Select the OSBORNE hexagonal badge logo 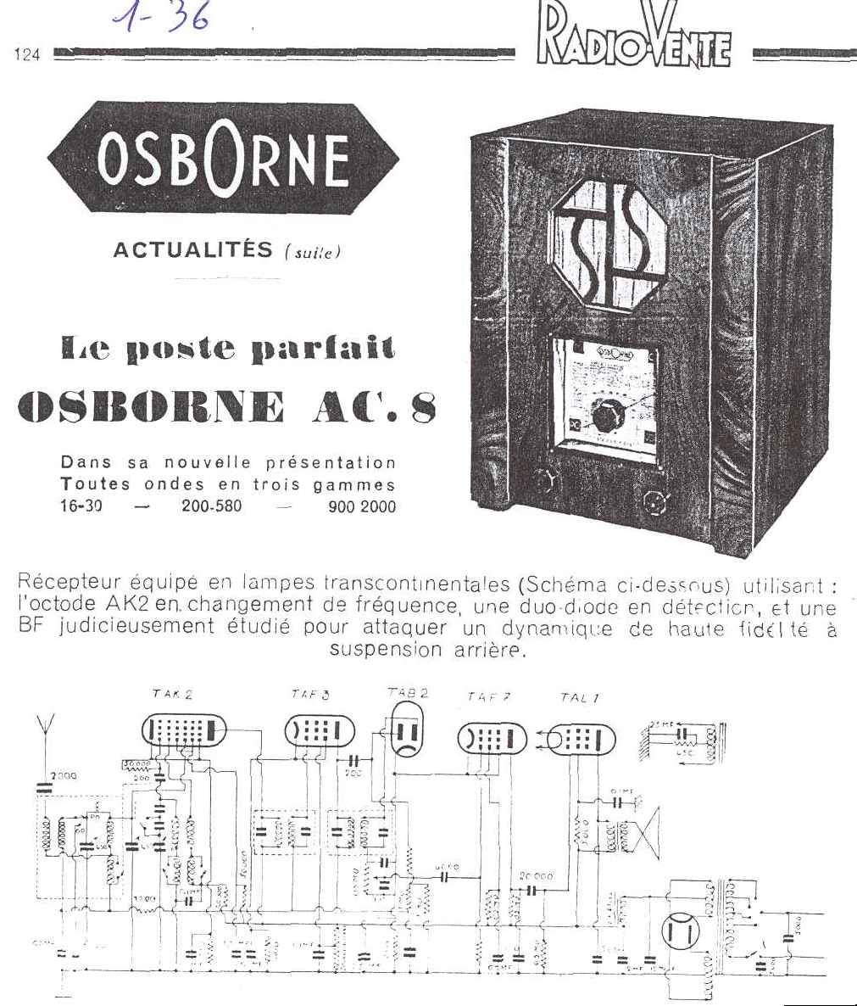point(224,159)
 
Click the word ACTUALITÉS point(194,250)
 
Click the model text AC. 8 point(375,408)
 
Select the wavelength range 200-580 point(211,507)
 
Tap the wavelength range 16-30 point(81,507)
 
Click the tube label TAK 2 point(172,695)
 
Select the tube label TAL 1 point(580,698)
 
